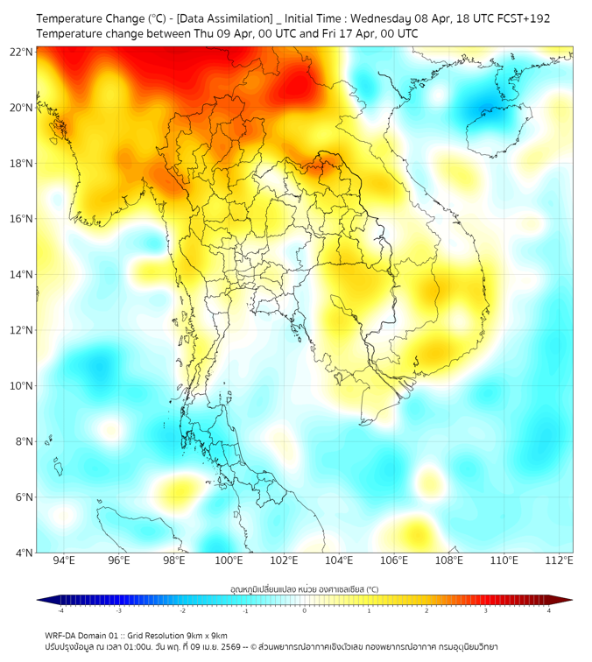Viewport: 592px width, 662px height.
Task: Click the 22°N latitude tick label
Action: pos(22,52)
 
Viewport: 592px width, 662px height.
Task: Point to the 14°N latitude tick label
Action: pos(22,275)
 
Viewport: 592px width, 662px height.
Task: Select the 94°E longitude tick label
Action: pos(64,560)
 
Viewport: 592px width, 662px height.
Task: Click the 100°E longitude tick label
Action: pos(229,560)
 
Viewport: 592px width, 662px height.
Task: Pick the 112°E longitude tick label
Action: pos(559,560)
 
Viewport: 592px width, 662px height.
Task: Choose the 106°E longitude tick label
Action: pos(394,560)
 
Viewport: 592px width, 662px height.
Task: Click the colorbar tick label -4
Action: pos(60,610)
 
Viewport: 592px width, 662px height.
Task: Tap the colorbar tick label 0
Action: pos(305,610)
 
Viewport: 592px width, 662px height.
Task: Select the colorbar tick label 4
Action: pos(549,610)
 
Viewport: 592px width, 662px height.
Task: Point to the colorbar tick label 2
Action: pos(427,610)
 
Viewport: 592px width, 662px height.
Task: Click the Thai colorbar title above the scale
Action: pos(304,588)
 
